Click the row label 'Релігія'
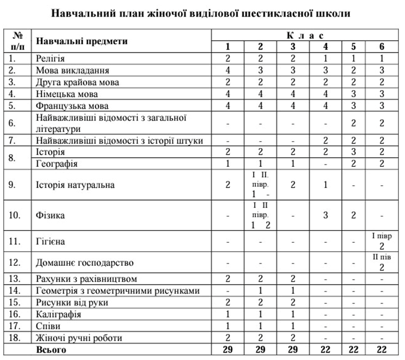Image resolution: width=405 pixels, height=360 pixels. click(x=50, y=58)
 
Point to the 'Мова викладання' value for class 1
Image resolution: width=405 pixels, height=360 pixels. click(x=227, y=70)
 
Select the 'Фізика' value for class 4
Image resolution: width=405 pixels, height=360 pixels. click(x=325, y=215)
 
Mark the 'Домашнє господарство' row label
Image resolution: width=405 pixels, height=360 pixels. click(x=85, y=262)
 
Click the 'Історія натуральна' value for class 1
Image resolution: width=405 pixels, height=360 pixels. click(x=227, y=185)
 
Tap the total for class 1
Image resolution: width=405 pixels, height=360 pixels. click(x=227, y=349)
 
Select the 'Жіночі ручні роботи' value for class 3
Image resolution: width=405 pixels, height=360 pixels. click(x=292, y=337)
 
